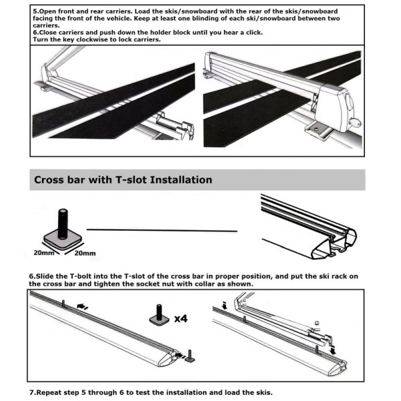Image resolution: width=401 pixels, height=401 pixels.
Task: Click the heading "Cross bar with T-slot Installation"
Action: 123,180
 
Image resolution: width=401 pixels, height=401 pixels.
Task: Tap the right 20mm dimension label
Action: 84,253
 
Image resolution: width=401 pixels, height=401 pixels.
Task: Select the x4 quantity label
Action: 180,319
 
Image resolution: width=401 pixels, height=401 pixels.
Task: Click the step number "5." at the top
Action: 36,11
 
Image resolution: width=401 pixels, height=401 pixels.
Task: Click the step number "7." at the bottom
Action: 33,392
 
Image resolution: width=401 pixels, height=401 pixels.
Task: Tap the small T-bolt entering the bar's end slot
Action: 190,355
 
